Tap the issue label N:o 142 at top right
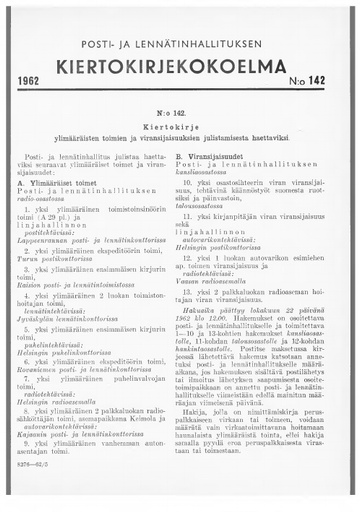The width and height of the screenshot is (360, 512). [x=321, y=76]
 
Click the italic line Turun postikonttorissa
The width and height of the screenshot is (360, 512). [x=69, y=259]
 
